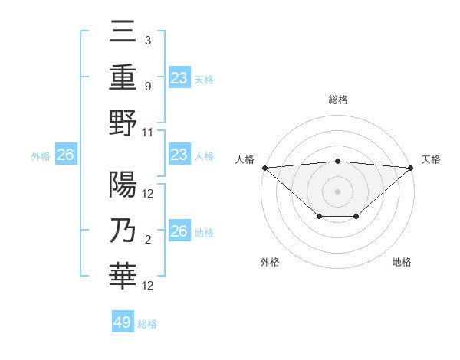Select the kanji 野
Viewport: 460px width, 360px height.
click(x=123, y=123)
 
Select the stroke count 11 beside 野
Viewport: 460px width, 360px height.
click(x=148, y=132)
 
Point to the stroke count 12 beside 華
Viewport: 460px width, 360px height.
click(x=148, y=286)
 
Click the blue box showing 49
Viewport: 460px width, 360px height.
click(x=123, y=322)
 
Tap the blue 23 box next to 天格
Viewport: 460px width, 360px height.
click(x=179, y=77)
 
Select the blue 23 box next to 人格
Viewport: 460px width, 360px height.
click(x=179, y=155)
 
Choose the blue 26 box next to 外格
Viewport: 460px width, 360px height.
click(x=65, y=155)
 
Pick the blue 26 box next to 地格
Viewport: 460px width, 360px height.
click(x=179, y=231)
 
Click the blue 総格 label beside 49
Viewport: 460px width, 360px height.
click(x=147, y=324)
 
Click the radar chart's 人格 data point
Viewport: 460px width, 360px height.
click(x=264, y=168)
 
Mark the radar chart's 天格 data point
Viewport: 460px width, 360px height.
click(x=412, y=168)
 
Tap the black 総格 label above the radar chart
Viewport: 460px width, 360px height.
click(x=338, y=100)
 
